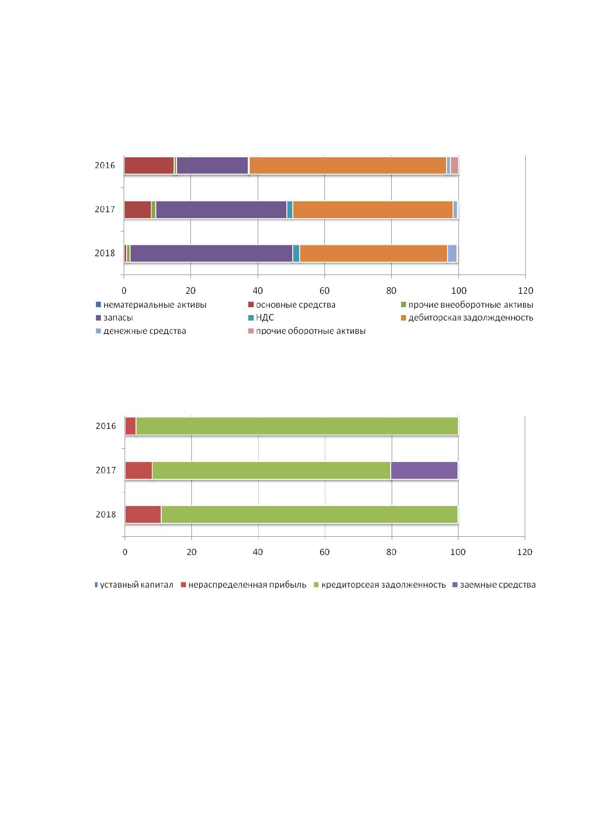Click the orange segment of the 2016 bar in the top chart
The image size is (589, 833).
348,166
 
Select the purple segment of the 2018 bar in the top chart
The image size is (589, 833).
211,253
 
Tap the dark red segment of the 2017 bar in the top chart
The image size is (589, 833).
137,210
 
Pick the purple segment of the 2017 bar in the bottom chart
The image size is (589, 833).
424,470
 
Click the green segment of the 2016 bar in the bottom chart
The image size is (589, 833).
297,426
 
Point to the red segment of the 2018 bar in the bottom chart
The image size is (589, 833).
143,514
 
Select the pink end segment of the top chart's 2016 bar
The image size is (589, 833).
454,166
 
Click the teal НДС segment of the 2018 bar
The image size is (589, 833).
296,253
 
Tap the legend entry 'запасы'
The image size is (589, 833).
115,318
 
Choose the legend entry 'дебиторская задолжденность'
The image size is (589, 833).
467,318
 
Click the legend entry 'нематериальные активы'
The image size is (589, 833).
151,305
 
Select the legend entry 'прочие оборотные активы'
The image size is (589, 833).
307,331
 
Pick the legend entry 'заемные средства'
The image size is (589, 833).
494,585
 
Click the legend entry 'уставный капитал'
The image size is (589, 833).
134,585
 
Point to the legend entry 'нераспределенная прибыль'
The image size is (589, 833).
243,585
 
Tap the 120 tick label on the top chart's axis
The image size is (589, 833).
525,291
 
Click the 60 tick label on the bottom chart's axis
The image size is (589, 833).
324,552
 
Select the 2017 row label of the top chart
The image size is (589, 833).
105,209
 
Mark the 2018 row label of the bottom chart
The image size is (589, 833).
106,514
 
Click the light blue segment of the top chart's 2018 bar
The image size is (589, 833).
452,253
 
